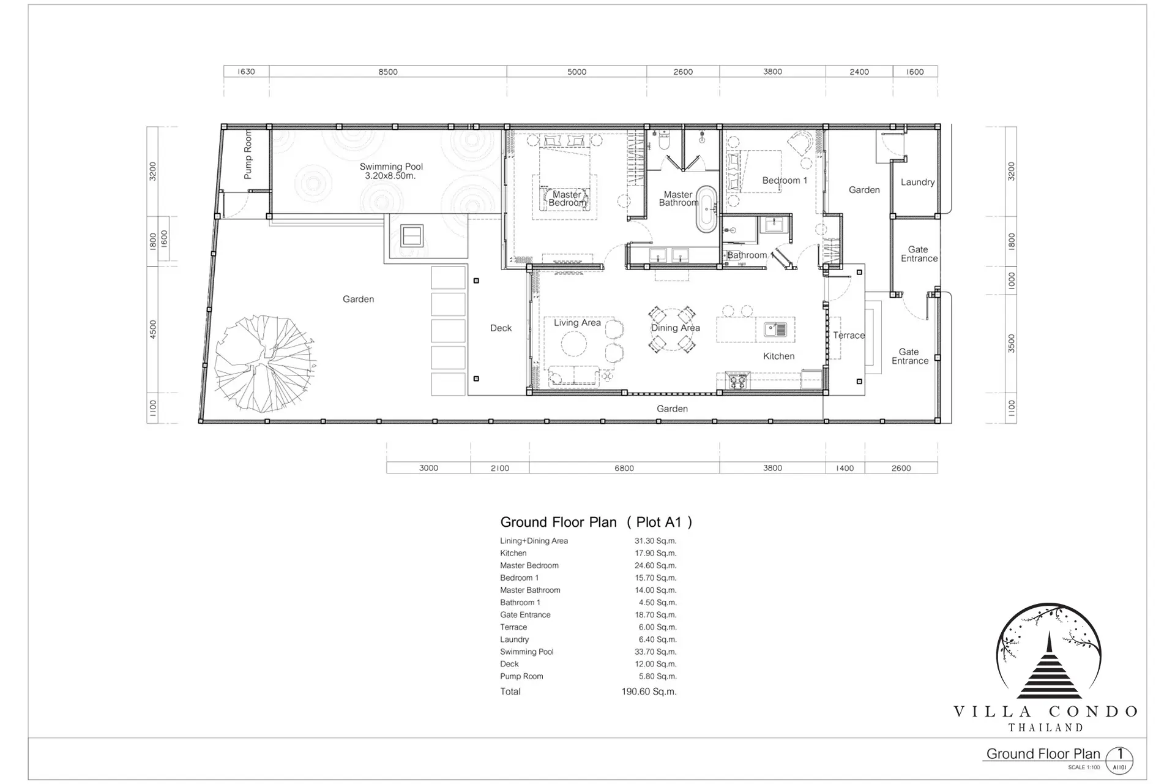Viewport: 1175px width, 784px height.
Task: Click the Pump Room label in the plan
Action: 248,154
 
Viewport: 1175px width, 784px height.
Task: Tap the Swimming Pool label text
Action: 391,171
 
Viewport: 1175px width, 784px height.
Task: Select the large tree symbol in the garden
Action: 265,363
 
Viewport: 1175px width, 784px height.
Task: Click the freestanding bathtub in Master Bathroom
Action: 707,209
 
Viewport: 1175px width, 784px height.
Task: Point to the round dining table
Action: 672,330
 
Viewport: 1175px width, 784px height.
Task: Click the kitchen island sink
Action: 775,330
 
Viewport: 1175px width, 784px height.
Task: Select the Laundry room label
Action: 917,182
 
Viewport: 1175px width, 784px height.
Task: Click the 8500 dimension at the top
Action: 388,72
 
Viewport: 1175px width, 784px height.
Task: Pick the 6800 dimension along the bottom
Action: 624,468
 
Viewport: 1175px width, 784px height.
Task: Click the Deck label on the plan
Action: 501,328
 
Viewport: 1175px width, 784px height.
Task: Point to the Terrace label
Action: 849,335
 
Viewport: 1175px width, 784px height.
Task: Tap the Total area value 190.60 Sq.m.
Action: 649,692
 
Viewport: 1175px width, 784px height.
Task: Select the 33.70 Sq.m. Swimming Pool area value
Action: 655,652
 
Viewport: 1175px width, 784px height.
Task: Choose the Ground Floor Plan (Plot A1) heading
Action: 596,522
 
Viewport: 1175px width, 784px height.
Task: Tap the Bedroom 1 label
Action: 785,180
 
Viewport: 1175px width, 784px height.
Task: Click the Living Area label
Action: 577,323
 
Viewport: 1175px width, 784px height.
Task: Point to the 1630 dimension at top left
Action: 246,72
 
